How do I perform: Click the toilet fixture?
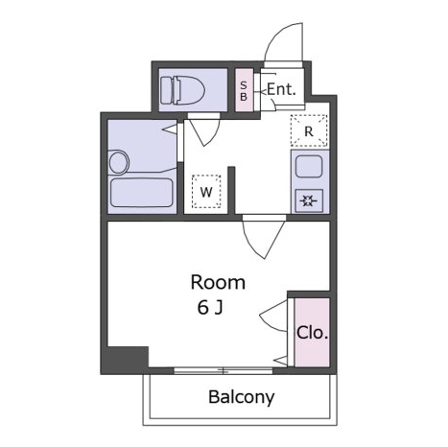[182, 90]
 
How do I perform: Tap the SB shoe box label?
[244, 91]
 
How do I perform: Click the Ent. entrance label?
[281, 89]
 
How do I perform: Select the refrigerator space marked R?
[309, 130]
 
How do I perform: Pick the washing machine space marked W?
[206, 192]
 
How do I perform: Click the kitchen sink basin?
[309, 166]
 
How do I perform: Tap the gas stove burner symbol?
[309, 200]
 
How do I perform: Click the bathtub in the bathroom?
[142, 193]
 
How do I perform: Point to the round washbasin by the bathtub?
[119, 162]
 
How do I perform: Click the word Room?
[218, 282]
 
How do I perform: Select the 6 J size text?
[210, 308]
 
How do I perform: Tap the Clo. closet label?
[313, 333]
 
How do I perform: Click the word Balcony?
[242, 397]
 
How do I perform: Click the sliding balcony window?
[224, 371]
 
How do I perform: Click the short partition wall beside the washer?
[231, 190]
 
